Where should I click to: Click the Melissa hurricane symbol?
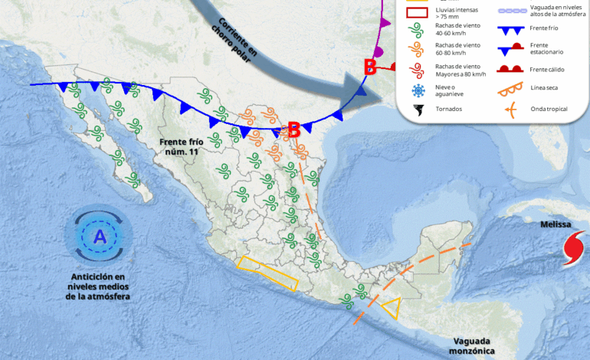click(572, 248)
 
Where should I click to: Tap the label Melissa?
click(556, 224)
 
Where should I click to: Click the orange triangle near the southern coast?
click(392, 308)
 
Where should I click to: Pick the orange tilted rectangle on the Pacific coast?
click(267, 273)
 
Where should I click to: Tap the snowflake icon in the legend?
click(418, 91)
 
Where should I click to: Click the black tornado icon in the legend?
click(418, 110)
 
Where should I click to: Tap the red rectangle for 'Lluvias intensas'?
click(418, 11)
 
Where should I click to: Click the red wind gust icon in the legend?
click(418, 71)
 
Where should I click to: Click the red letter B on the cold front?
click(293, 130)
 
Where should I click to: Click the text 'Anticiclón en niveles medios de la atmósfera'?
click(100, 286)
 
